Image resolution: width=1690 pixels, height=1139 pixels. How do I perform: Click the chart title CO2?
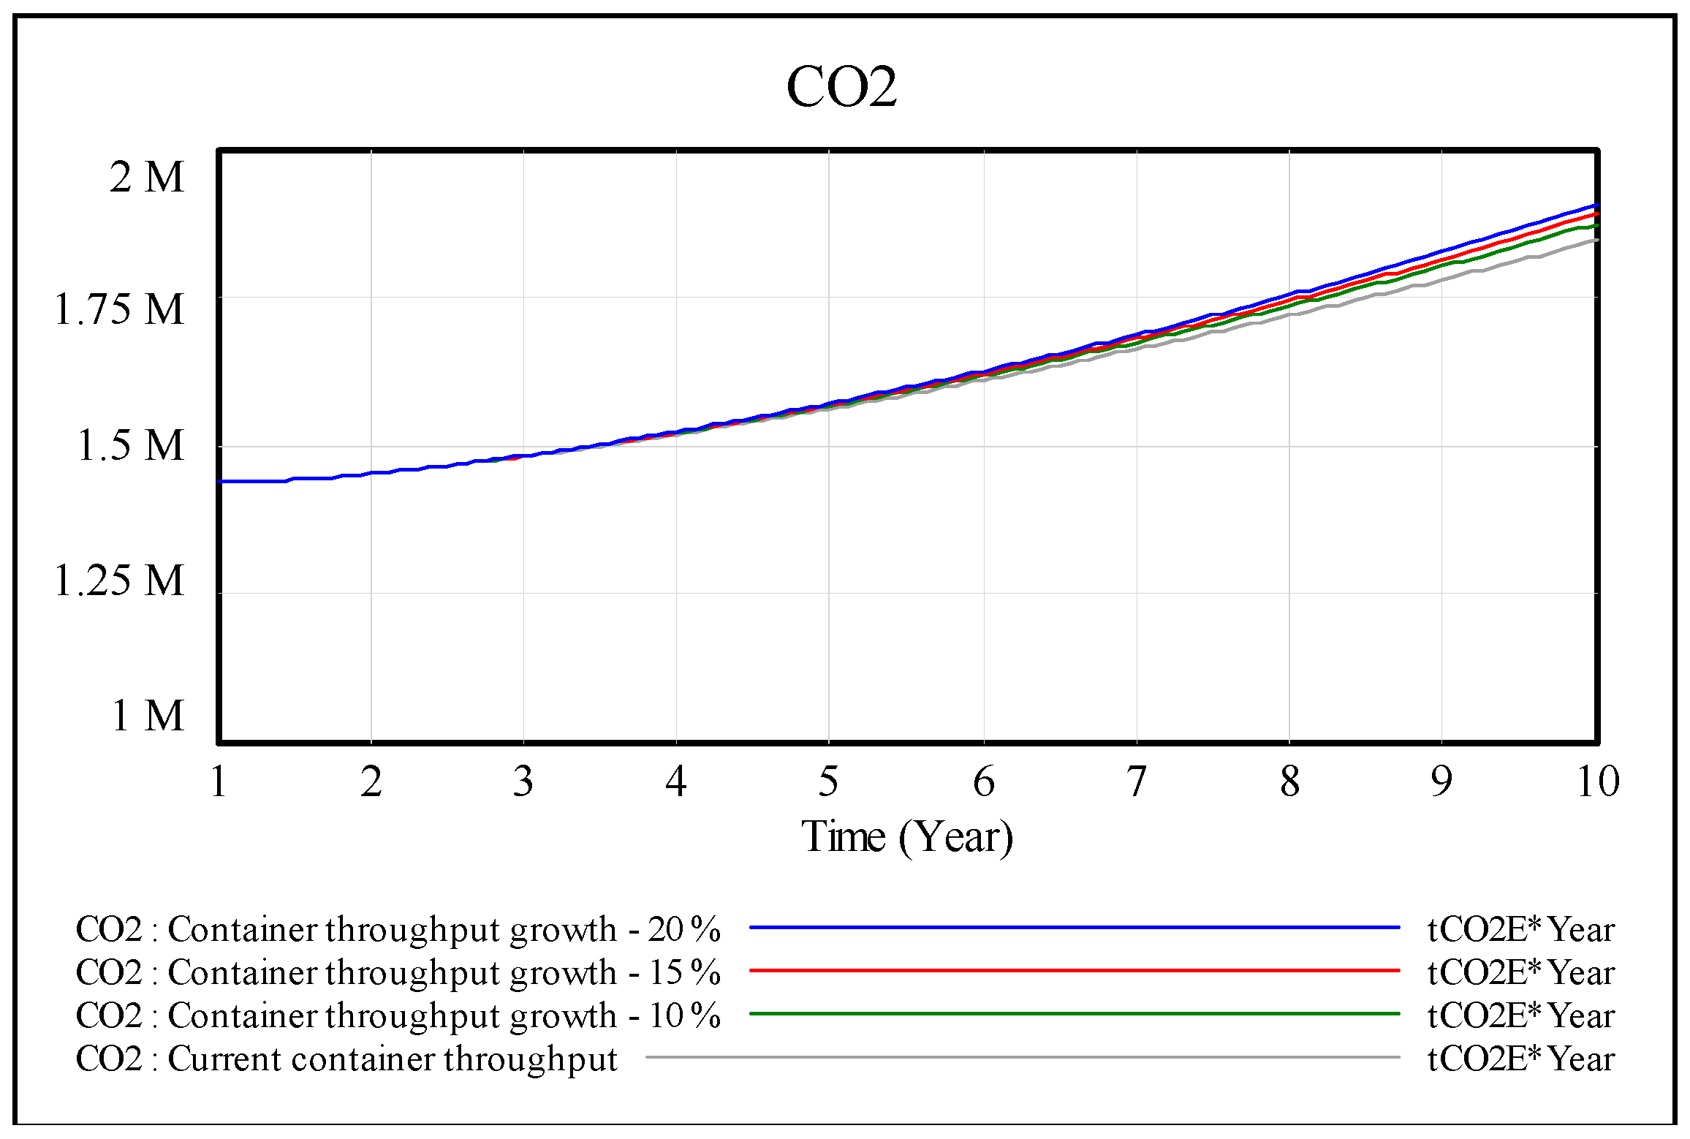pos(841,87)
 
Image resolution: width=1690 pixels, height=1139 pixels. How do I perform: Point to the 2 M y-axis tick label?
pos(147,177)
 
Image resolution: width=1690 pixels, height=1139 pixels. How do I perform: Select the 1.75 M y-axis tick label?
pos(120,310)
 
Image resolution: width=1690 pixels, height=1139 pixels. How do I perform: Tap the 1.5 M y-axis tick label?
pos(131,445)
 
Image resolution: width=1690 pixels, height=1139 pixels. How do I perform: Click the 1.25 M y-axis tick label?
pos(120,580)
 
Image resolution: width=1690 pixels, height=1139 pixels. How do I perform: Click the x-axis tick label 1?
pos(219,782)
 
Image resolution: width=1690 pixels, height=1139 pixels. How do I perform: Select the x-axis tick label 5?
pos(828,782)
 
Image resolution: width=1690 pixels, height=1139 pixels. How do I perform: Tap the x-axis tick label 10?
pos(1598,782)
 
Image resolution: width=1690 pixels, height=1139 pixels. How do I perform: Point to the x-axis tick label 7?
pos(1136,782)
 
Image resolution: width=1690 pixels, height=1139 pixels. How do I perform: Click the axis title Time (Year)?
pos(907,836)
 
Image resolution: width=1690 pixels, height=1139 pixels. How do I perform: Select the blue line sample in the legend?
pos(1074,928)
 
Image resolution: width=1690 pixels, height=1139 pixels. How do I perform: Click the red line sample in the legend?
pos(1074,971)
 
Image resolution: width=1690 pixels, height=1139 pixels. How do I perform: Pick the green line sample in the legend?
pos(1074,1014)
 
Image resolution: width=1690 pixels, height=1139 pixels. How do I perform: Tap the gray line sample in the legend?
pos(1023,1057)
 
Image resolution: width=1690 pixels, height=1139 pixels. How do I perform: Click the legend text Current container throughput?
pos(393,1059)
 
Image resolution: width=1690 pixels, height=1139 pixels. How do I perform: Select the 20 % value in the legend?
pos(684,929)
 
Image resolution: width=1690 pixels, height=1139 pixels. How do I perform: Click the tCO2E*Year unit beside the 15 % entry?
pos(1521,972)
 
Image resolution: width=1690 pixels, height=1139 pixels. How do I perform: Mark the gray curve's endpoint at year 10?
pos(1596,241)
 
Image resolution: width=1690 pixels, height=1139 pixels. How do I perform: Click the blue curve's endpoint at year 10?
pos(1596,206)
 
